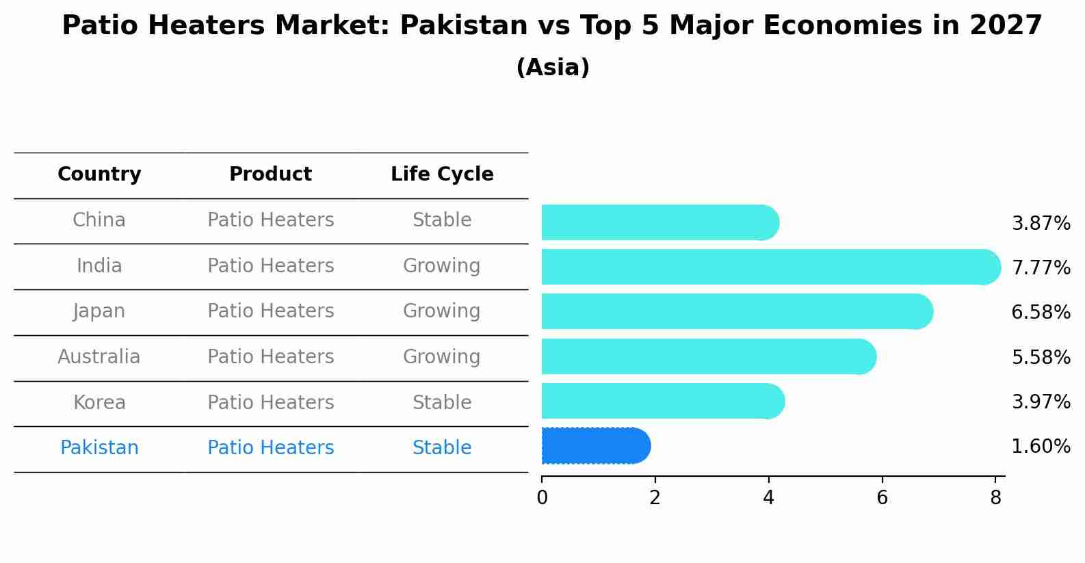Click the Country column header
pyautogui.click(x=99, y=174)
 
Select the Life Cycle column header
pyautogui.click(x=442, y=174)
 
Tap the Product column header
pyautogui.click(x=270, y=174)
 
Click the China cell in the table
pyautogui.click(x=99, y=220)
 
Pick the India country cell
pyautogui.click(x=99, y=265)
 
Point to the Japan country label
pyautogui.click(x=99, y=311)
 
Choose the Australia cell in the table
pyautogui.click(x=99, y=357)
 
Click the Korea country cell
pyautogui.click(x=99, y=402)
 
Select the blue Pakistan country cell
pyautogui.click(x=99, y=448)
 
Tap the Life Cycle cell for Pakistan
pyautogui.click(x=442, y=448)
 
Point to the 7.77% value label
pyautogui.click(x=1041, y=267)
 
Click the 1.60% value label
pyautogui.click(x=1041, y=447)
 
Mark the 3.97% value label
pyautogui.click(x=1041, y=402)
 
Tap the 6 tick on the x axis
pyautogui.click(x=882, y=498)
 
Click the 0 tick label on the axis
pyautogui.click(x=542, y=498)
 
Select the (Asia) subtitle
pyautogui.click(x=553, y=68)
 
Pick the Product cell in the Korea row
pyautogui.click(x=270, y=402)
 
